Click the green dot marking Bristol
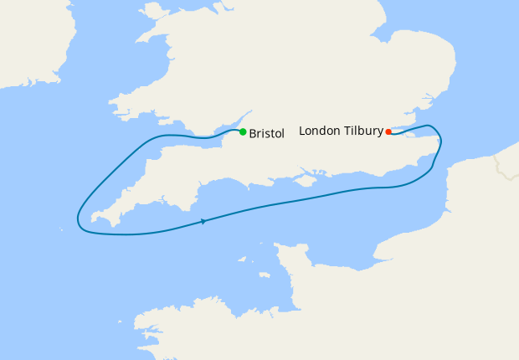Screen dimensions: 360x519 [243, 131]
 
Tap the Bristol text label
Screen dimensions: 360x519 [267, 133]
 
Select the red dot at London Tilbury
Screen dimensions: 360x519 [388, 131]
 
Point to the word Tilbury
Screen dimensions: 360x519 [362, 131]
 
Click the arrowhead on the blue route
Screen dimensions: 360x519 [203, 221]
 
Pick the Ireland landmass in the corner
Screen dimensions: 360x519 [25, 42]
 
